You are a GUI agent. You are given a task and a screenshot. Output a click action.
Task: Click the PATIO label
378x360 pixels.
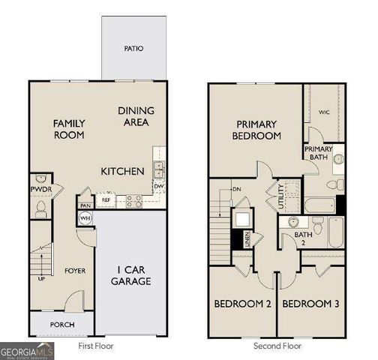point(134,49)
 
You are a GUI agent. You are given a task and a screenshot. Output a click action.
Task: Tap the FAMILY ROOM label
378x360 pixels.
point(68,129)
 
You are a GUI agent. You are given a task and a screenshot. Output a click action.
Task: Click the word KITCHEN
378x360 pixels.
point(122,171)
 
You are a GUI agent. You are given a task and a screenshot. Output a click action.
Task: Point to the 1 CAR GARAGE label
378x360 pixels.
point(133,275)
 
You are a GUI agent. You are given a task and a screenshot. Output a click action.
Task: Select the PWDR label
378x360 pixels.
point(40,190)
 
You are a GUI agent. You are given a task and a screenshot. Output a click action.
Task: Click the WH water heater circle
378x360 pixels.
point(85,217)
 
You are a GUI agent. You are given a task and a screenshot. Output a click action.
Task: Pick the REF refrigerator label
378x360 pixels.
point(106,200)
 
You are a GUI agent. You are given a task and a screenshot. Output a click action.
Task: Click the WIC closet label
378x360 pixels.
point(324,112)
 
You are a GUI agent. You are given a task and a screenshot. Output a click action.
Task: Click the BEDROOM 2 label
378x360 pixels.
point(242,304)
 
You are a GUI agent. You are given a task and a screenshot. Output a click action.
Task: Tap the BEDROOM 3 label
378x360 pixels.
point(310,304)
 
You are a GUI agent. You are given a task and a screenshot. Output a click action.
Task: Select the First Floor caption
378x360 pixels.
point(96,346)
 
